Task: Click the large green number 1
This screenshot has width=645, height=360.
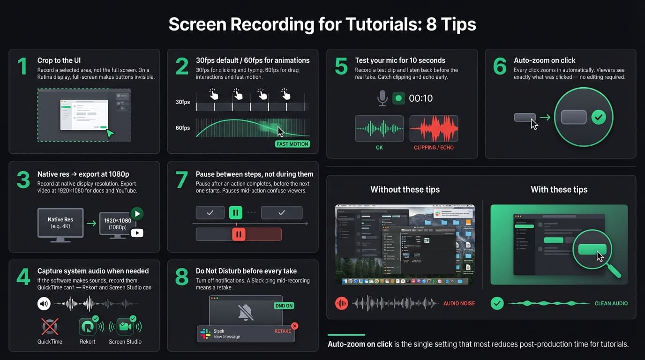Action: coord(22,67)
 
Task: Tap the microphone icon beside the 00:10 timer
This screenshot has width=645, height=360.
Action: coord(382,98)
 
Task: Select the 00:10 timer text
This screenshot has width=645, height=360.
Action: coord(420,98)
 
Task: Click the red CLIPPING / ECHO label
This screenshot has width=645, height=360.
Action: coord(434,148)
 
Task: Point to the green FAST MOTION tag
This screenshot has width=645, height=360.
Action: coord(292,144)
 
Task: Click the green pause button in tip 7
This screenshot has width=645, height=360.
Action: coord(236,213)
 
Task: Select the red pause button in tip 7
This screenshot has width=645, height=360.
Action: coord(239,234)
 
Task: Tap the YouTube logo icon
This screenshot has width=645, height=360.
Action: coord(137,232)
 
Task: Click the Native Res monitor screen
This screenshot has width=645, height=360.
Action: coord(60,222)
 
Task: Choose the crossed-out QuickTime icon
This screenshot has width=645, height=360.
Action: coord(50,326)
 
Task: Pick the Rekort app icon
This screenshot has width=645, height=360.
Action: coord(87,326)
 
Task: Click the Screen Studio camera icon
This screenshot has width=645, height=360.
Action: coord(125,326)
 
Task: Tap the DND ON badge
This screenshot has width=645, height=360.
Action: coord(283,306)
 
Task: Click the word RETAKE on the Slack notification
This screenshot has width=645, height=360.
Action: coord(282,331)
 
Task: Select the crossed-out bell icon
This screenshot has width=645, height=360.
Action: coord(246,312)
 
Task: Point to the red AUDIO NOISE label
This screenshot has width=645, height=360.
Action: coord(459,303)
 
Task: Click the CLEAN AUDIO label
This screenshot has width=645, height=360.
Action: coord(611,303)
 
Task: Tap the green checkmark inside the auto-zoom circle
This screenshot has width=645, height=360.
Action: coord(599,117)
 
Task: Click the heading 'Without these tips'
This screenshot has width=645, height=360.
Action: coord(405,189)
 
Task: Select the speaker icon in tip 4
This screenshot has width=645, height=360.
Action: coord(44,304)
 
